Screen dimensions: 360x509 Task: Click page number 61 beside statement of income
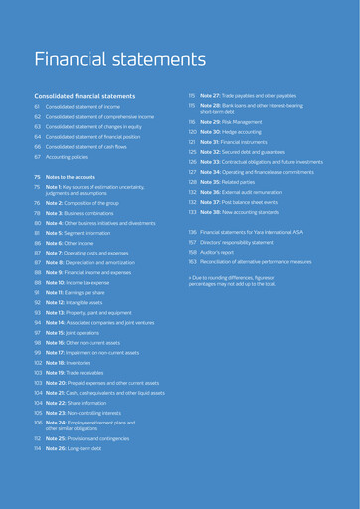37,107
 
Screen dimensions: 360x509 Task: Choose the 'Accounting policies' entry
72,157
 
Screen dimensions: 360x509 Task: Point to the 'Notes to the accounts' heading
77,176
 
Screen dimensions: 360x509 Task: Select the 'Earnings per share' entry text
90,292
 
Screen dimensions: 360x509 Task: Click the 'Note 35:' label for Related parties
212,183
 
